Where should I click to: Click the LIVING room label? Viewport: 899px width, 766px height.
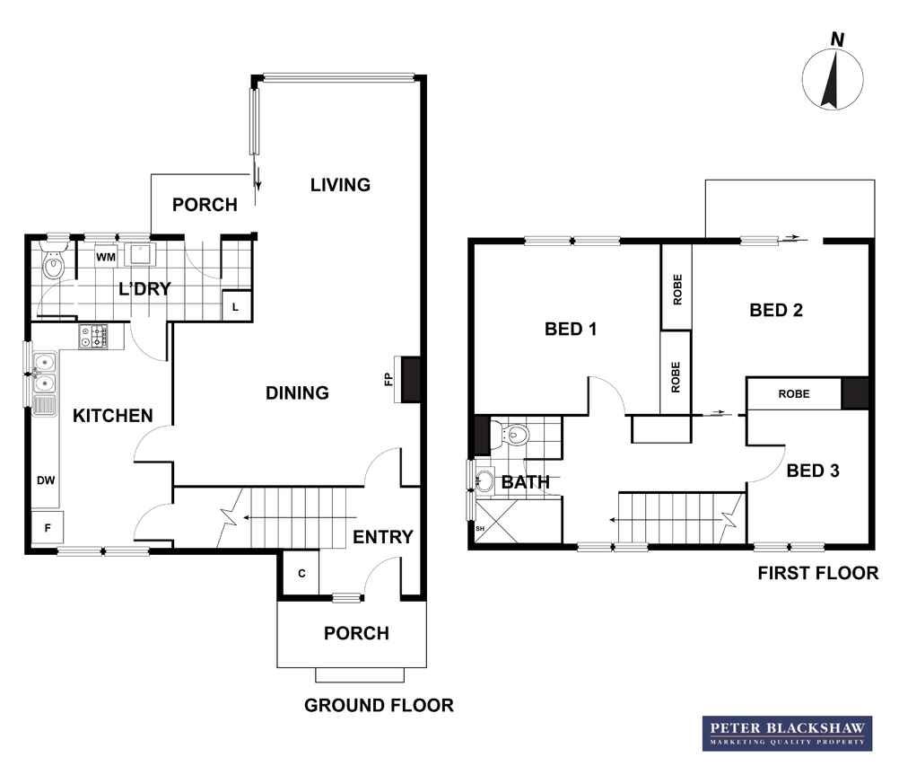[340, 185]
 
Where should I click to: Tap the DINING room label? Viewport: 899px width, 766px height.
[297, 393]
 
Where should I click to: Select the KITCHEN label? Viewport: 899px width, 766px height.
[112, 416]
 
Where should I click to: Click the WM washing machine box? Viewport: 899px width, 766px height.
[106, 257]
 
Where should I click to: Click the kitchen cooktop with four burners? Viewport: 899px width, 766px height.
[93, 336]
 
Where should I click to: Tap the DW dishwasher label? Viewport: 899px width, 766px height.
[46, 480]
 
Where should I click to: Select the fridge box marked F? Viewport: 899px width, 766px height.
[48, 527]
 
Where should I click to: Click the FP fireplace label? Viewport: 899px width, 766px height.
[388, 379]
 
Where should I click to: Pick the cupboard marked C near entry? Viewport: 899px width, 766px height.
[301, 573]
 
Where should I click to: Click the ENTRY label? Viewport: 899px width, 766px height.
[382, 537]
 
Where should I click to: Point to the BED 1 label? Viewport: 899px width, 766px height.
[571, 329]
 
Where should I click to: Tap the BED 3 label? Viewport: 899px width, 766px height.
[813, 471]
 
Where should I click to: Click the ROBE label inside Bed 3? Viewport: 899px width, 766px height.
[794, 394]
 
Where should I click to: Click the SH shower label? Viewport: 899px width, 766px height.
[480, 528]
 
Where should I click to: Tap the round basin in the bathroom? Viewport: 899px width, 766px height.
[484, 480]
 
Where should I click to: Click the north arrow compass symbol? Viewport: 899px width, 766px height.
[833, 79]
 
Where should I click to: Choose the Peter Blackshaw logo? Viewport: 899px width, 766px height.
[787, 734]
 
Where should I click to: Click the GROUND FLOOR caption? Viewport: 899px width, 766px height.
[379, 705]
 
